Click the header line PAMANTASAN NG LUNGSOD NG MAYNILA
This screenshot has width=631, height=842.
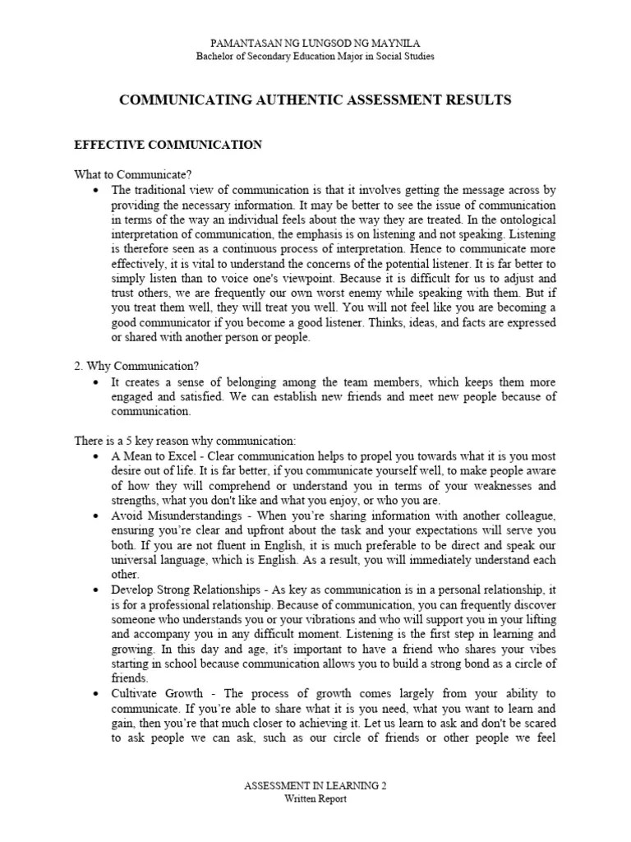pos(315,43)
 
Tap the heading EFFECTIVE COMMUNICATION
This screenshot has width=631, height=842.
pos(168,145)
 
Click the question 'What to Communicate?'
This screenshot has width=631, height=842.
pos(133,174)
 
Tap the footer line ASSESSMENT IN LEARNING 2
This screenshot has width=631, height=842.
pos(315,787)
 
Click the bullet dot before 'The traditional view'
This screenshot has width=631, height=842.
pos(97,190)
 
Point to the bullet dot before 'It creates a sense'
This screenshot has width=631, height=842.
pos(97,383)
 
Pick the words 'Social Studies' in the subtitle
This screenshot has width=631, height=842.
pos(403,56)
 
